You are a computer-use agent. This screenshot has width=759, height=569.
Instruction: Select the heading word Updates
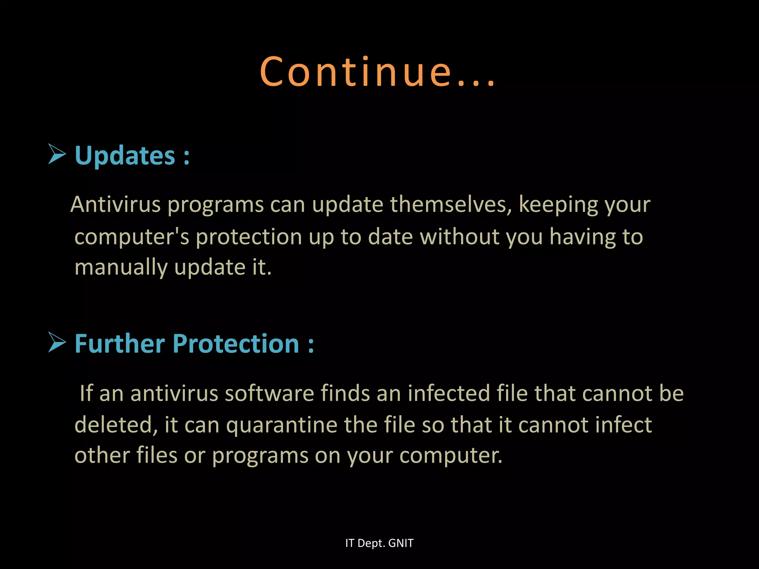[125, 156]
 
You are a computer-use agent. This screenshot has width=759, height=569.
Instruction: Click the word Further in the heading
[119, 343]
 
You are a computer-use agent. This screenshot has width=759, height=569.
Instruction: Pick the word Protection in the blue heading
[236, 343]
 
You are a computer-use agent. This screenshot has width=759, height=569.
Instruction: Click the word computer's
[132, 237]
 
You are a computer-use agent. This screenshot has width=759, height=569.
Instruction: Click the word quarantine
[282, 425]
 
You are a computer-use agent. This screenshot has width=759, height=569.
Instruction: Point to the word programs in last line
[260, 456]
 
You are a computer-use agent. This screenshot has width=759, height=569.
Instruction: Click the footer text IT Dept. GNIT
[379, 543]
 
